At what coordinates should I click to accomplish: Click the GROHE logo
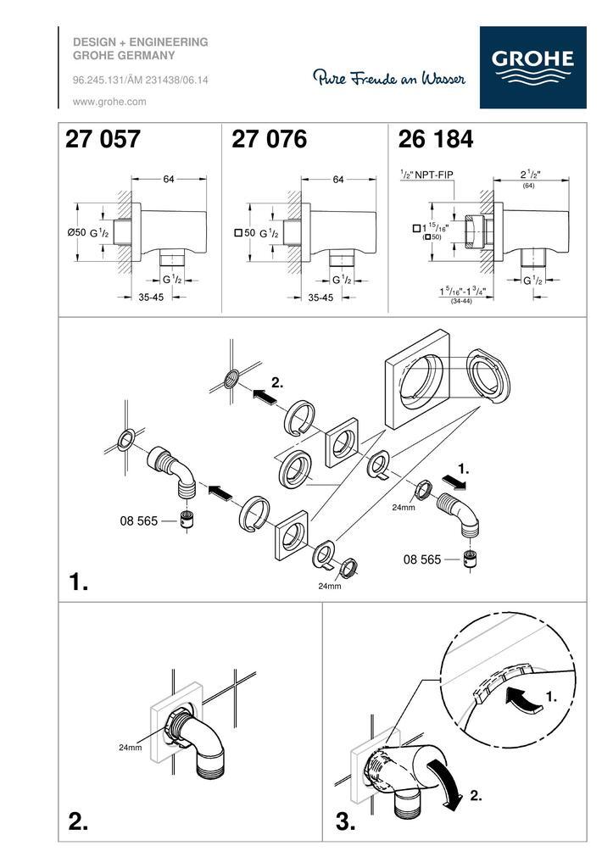coord(532,67)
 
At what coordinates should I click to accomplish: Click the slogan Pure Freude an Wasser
coord(389,77)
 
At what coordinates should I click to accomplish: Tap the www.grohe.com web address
coord(109,102)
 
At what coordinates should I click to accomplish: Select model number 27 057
coord(103,139)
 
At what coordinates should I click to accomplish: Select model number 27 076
coord(269,139)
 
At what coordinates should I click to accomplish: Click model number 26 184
coord(436,139)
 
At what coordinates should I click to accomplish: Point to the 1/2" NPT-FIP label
coord(427,175)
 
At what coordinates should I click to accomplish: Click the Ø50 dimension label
coord(76,232)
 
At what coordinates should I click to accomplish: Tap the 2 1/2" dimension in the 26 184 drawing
coord(530,174)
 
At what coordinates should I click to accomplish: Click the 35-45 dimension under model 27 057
coord(151,298)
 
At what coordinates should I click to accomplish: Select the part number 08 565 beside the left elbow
coord(139,521)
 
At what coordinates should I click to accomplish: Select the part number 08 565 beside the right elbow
coord(422,559)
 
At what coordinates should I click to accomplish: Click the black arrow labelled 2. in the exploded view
coord(265,396)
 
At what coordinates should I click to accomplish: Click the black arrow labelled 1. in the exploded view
coord(456,483)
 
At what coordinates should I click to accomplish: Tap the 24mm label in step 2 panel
coord(130,748)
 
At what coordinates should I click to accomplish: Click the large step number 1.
coord(78,581)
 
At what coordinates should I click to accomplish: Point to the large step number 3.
coord(346,821)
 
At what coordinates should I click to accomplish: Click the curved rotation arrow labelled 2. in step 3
coord(444,784)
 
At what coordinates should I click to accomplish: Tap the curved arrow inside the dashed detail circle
coord(523,699)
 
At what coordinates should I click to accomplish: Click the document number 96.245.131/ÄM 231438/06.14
coord(141,81)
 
